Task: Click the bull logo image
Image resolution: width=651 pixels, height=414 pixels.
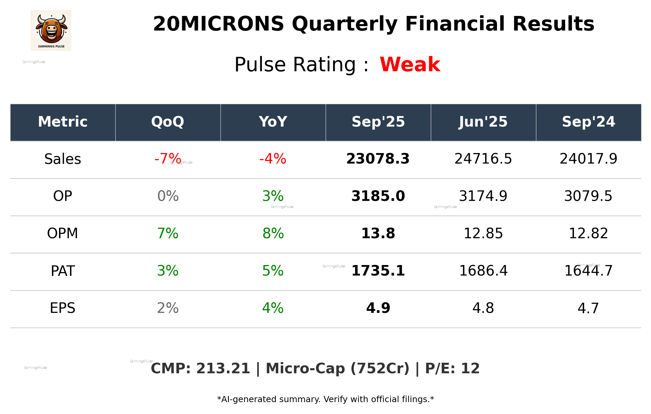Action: (x=51, y=31)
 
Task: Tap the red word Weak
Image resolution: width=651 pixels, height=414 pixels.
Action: (x=410, y=64)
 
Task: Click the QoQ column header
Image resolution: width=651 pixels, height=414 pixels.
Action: (x=168, y=122)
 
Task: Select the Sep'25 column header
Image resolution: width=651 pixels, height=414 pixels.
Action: (x=378, y=122)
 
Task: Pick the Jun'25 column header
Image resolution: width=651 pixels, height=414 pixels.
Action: (x=483, y=122)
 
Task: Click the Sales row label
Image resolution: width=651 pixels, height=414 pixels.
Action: (x=63, y=159)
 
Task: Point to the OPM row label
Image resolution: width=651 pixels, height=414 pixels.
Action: (x=63, y=233)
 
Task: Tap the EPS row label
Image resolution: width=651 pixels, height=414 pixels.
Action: (x=63, y=308)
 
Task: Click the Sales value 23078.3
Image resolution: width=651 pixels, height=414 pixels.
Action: (x=378, y=159)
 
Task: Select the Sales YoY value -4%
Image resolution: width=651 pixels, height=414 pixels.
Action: (x=273, y=159)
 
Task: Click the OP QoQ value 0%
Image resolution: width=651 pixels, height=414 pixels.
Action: (x=168, y=196)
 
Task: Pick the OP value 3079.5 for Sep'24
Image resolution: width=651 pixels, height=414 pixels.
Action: (x=588, y=196)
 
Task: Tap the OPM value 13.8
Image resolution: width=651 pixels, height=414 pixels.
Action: (x=378, y=233)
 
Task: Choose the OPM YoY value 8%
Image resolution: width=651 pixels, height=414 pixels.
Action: (x=273, y=233)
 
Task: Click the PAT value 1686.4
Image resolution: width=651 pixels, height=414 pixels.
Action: (x=483, y=271)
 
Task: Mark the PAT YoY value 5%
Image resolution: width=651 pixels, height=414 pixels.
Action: (x=273, y=271)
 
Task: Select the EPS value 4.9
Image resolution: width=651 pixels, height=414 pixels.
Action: (x=378, y=308)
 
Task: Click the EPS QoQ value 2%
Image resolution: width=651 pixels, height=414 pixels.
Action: (x=168, y=308)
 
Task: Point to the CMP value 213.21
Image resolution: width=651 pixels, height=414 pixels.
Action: (x=223, y=369)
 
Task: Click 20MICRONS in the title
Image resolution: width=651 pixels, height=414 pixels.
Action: (x=218, y=24)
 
